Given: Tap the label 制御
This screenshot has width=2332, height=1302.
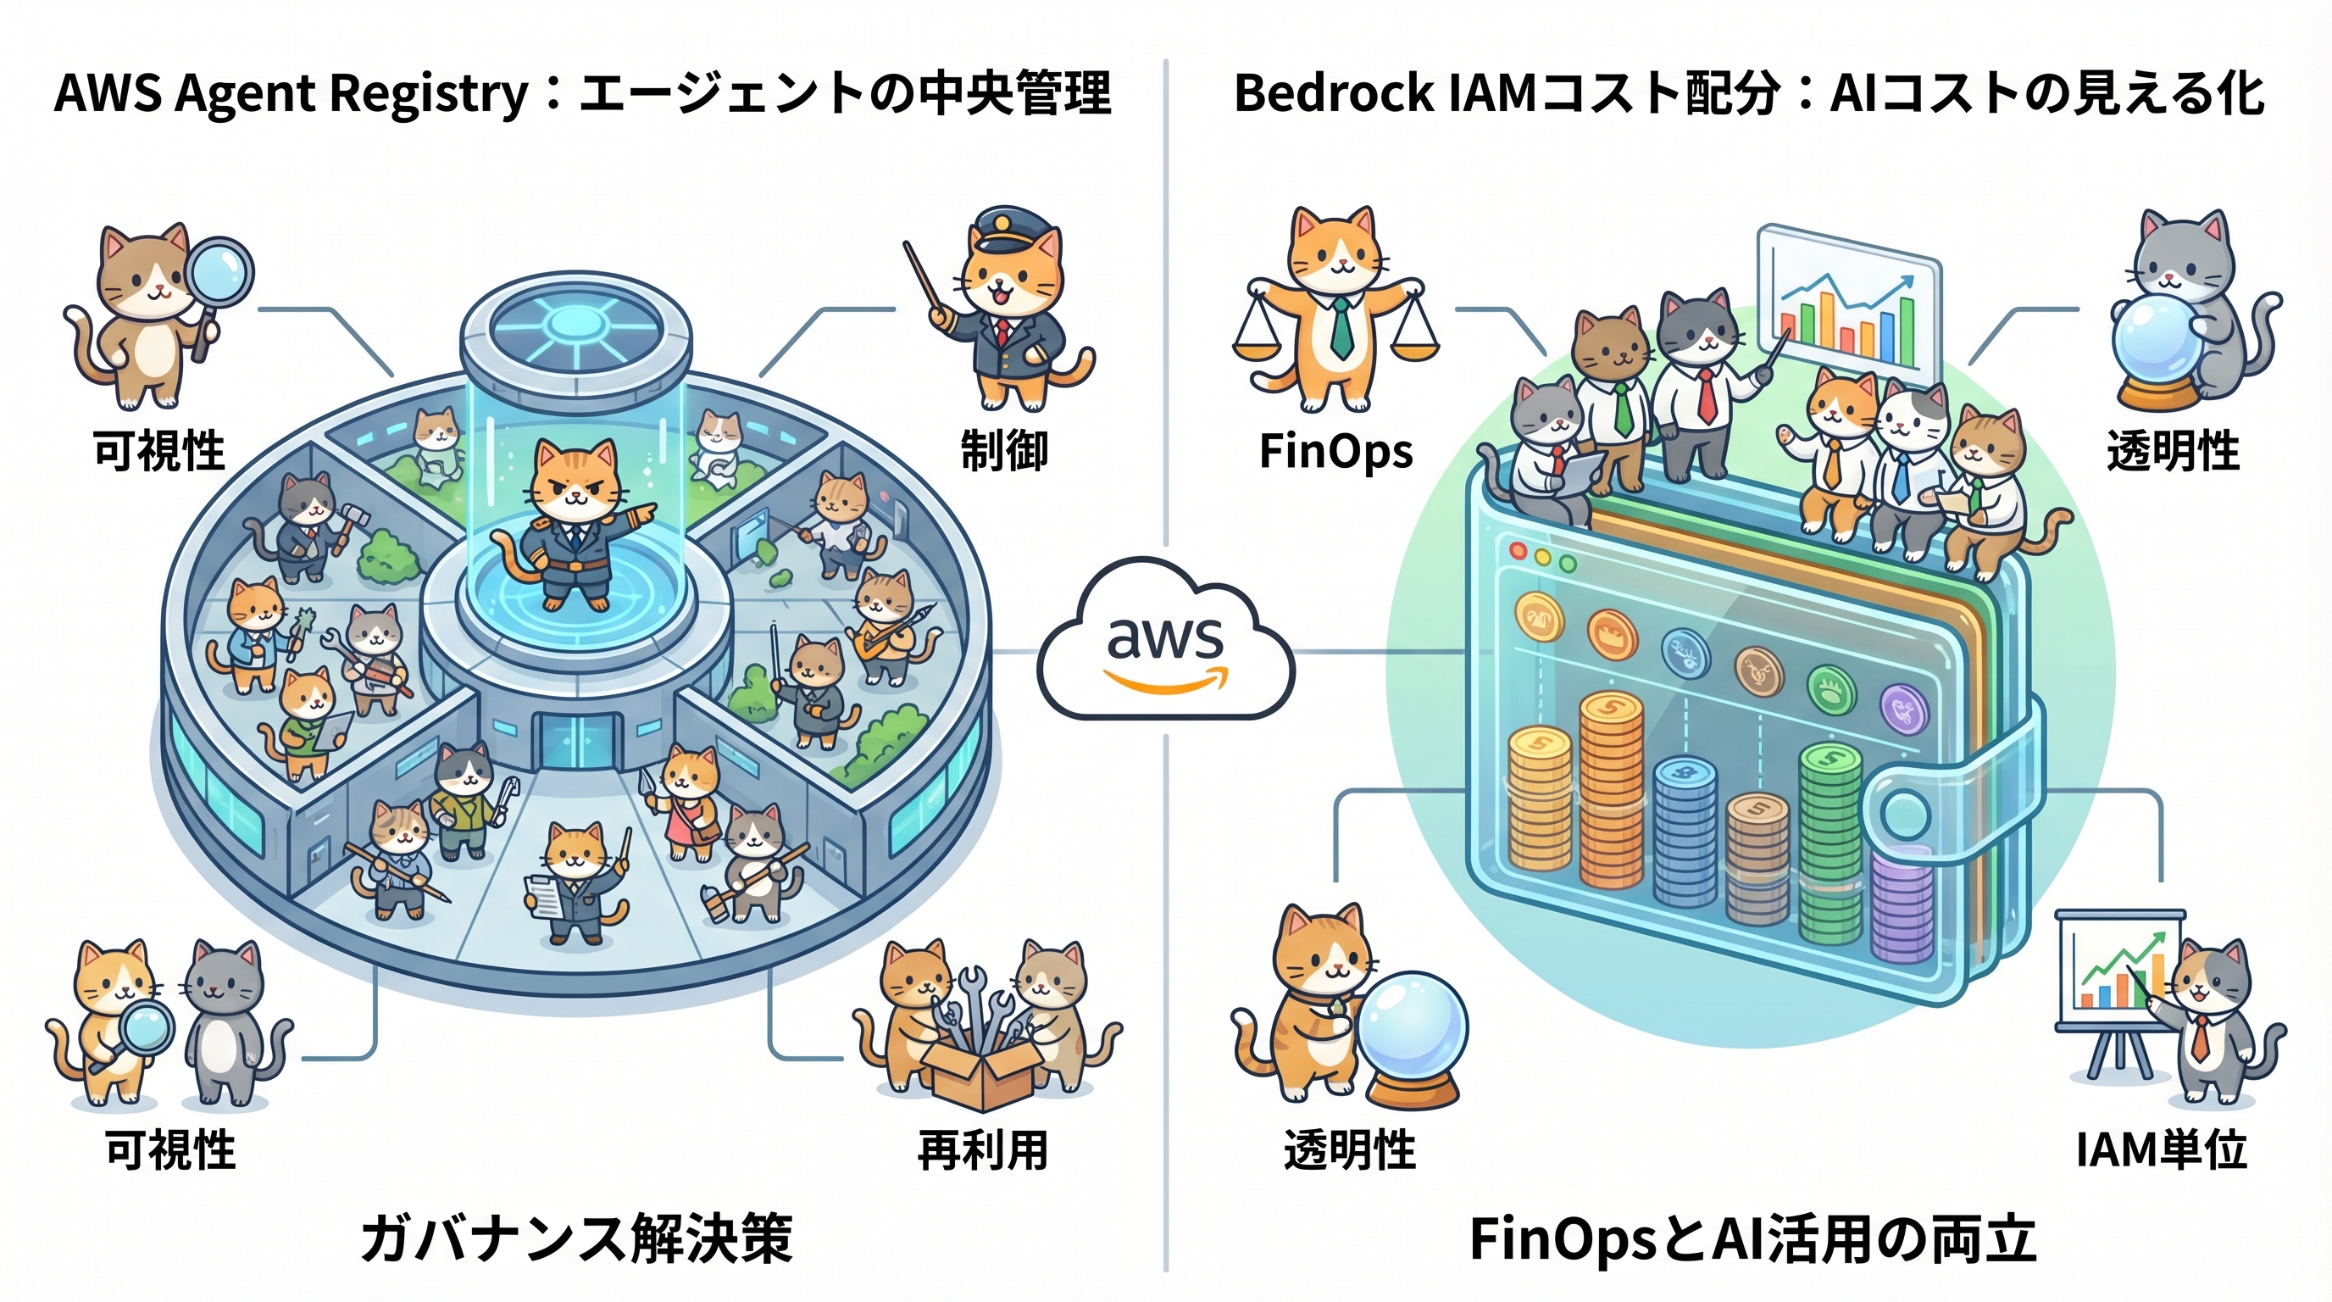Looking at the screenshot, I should click(x=1004, y=451).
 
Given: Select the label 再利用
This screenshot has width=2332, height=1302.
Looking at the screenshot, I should click(x=983, y=1151).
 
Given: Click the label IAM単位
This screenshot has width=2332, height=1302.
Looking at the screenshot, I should click(x=2161, y=1150).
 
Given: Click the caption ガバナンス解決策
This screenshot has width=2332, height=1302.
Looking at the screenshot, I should click(x=577, y=1238).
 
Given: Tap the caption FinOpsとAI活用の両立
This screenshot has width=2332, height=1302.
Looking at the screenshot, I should click(x=1752, y=1238).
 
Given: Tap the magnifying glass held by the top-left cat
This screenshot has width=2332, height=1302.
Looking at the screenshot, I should click(x=220, y=270).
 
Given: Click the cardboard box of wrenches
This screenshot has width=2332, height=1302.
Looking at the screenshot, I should click(x=981, y=1073).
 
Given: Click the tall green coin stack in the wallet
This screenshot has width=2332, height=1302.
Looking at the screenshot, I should click(x=1830, y=842).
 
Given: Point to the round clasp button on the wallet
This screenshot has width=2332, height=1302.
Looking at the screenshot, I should click(x=1903, y=813).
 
